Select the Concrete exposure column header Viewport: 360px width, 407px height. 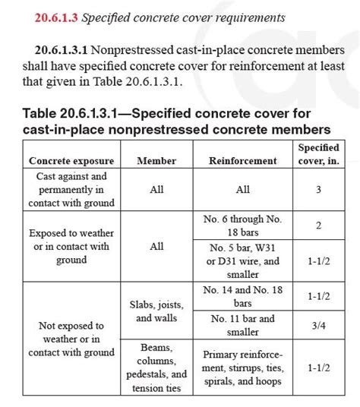(71, 161)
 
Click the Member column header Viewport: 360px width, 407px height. (156, 161)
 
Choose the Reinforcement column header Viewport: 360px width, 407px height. (243, 161)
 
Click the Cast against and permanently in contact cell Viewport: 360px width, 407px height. (71, 190)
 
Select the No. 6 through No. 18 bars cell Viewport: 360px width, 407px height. (243, 226)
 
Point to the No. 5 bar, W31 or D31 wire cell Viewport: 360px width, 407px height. (243, 260)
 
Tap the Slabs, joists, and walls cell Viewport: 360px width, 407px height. (156, 312)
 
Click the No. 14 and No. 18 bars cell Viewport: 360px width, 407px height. (243, 295)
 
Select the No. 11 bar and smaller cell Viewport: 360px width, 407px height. (243, 325)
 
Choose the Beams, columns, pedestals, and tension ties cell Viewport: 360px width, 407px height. (156, 368)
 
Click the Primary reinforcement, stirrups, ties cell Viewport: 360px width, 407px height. (243, 368)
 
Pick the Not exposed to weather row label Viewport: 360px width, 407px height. (71, 339)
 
